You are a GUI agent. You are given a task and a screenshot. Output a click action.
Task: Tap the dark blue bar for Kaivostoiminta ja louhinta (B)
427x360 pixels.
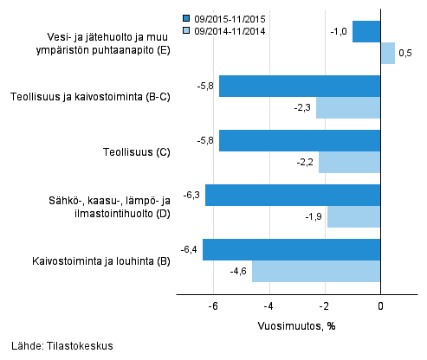pyautogui.click(x=292, y=249)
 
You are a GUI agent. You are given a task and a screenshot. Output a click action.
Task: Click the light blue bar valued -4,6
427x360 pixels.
pyautogui.click(x=316, y=271)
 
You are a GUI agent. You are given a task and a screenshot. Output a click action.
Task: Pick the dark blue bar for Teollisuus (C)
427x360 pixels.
pyautogui.click(x=300, y=140)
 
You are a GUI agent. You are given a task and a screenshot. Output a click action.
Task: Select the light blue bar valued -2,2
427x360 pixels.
pyautogui.click(x=350, y=162)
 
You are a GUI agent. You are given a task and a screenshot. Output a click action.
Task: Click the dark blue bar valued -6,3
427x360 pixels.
pyautogui.click(x=293, y=195)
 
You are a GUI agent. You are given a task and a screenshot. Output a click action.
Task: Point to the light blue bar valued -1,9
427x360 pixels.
pyautogui.click(x=353, y=216)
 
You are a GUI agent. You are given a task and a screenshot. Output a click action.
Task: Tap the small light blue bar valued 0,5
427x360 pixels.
pyautogui.click(x=388, y=54)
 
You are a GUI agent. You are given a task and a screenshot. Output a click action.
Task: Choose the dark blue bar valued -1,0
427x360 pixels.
pyautogui.click(x=366, y=32)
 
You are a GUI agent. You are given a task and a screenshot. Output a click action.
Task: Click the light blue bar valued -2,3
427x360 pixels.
pyautogui.click(x=348, y=107)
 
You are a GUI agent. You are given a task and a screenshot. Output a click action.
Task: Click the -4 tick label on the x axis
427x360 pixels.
pyautogui.click(x=268, y=306)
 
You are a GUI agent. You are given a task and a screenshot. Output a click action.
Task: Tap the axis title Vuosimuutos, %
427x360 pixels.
pyautogui.click(x=295, y=325)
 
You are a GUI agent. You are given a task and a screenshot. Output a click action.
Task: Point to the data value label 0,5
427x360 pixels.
pyautogui.click(x=404, y=54)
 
